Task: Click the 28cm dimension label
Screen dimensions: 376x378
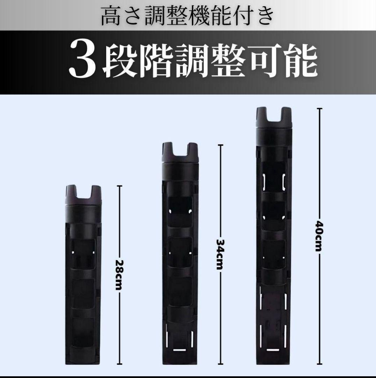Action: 119,275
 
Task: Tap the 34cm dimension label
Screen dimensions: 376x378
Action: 220,254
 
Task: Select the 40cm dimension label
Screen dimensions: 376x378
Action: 319,236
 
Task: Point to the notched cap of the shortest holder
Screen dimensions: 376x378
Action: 83,195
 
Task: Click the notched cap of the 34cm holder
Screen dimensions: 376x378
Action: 180,153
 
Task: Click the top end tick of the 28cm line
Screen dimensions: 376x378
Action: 119,186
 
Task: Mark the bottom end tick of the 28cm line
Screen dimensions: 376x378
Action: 119,364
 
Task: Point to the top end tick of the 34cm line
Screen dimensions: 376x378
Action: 220,145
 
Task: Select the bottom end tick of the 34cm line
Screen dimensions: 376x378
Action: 220,364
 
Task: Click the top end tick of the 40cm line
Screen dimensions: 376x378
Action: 319,109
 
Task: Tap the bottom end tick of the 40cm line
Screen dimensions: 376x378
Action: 319,364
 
